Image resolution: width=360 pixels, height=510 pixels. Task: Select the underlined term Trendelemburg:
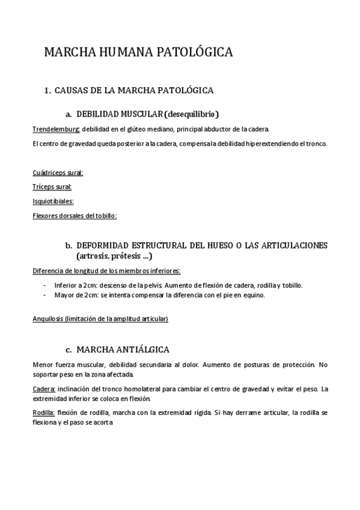(56, 129)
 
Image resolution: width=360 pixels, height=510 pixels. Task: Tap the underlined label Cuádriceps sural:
(58, 173)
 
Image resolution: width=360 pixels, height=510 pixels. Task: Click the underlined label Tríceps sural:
(52, 187)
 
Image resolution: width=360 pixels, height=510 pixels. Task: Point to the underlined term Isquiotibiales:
(53, 201)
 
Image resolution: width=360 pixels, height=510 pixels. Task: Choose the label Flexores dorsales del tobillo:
(74, 215)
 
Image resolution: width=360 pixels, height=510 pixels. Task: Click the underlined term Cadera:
(44, 389)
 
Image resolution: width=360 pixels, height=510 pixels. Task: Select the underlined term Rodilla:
(44, 412)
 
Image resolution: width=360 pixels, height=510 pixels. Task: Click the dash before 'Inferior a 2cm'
(46, 285)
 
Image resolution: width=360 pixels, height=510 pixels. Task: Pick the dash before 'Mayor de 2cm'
(46, 295)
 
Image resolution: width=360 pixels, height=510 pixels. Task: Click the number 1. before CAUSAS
(48, 90)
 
